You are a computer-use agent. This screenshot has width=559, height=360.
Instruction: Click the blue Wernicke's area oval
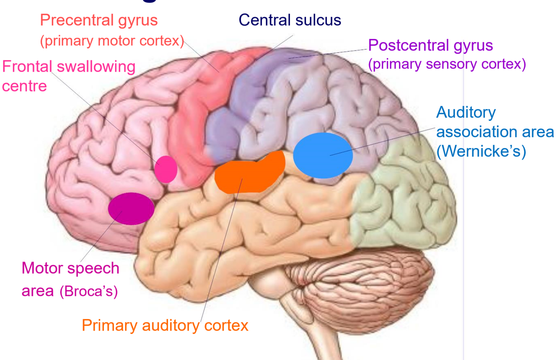323,155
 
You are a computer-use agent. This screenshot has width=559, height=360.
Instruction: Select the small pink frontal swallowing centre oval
166,169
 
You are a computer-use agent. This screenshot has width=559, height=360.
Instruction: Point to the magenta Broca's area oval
131,209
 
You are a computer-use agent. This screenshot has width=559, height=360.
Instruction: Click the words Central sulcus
290,20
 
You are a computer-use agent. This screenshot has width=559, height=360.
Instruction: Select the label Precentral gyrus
99,20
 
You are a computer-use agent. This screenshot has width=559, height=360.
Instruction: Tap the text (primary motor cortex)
112,41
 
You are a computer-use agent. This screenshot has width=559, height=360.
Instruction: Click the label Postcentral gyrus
430,45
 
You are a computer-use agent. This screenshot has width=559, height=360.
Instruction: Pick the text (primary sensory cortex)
447,64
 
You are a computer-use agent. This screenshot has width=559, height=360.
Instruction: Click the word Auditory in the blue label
466,112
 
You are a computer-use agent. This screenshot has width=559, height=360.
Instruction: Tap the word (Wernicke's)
481,151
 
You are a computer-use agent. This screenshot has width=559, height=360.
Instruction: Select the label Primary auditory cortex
165,325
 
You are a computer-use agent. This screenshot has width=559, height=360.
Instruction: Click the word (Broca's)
88,291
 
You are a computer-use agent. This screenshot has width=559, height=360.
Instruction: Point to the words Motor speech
70,268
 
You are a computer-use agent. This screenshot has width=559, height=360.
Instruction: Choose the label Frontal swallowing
69,67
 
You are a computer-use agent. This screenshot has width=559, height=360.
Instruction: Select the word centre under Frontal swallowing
24,86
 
